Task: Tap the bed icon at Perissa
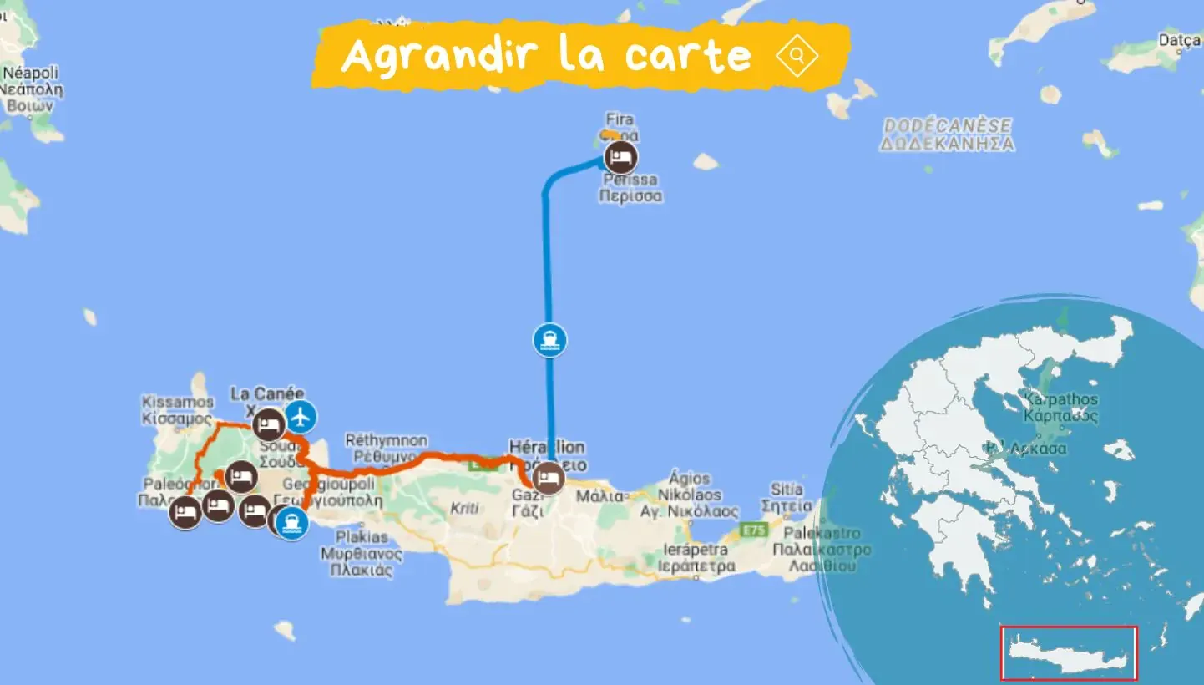click(x=620, y=157)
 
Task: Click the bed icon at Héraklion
click(x=549, y=478)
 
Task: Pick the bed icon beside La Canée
click(x=268, y=424)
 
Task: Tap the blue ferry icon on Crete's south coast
click(x=291, y=523)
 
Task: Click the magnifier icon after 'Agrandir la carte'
click(x=797, y=56)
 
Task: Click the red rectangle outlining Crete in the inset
click(x=1070, y=653)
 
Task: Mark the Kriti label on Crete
click(x=465, y=507)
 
